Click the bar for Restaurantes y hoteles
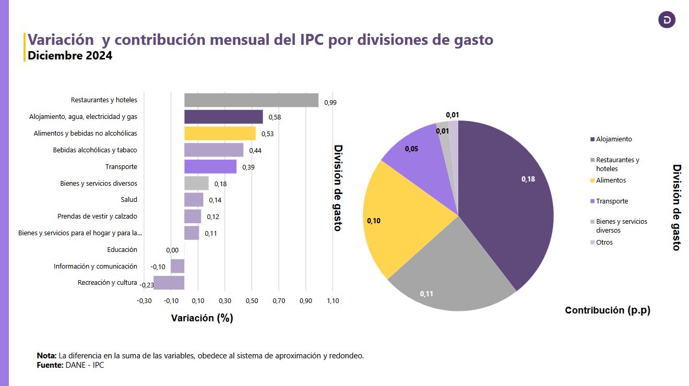pyautogui.click(x=251, y=100)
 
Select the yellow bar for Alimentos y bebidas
pyautogui.click(x=220, y=134)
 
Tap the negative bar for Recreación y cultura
pyautogui.click(x=169, y=283)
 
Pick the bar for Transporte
pyautogui.click(x=210, y=166)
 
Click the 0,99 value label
pyautogui.click(x=330, y=103)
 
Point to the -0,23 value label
pyautogui.click(x=147, y=285)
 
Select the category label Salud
pyautogui.click(x=129, y=200)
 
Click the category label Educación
pyautogui.click(x=122, y=250)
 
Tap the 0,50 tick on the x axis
pyautogui.click(x=252, y=301)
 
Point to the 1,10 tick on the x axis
pyautogui.click(x=332, y=301)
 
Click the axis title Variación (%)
pyautogui.click(x=202, y=318)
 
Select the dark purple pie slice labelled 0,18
pyautogui.click(x=512, y=198)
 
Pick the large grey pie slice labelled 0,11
pyautogui.click(x=449, y=271)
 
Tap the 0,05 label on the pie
pyautogui.click(x=411, y=149)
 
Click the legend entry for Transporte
pyautogui.click(x=612, y=201)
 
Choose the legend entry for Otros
pyautogui.click(x=604, y=243)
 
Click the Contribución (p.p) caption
pyautogui.click(x=608, y=310)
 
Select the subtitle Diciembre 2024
pyautogui.click(x=70, y=55)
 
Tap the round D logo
pyautogui.click(x=667, y=20)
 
